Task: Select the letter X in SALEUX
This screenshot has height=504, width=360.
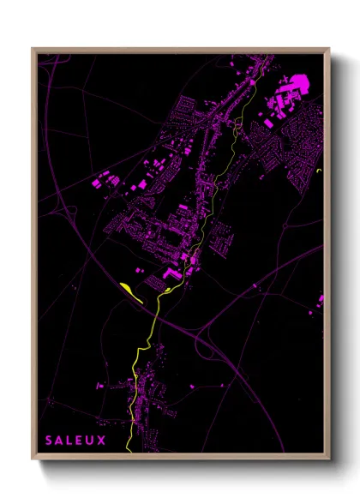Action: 102,441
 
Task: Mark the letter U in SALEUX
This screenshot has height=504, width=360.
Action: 91,441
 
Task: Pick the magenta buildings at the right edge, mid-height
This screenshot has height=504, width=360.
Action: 321,300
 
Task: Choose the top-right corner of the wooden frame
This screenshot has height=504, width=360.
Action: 329,49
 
